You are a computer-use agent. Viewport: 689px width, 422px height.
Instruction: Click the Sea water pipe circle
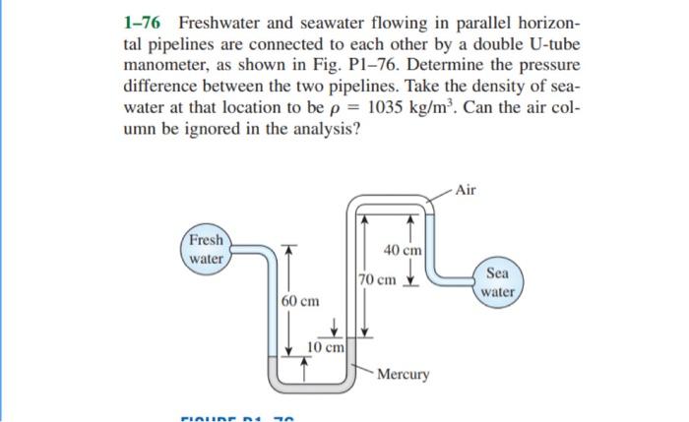(499, 282)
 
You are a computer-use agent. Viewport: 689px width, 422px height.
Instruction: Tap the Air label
(465, 190)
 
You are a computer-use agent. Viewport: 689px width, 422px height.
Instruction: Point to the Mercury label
(404, 375)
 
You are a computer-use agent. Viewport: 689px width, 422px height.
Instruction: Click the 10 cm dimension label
(326, 347)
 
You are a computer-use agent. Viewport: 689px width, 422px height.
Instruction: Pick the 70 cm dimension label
(378, 279)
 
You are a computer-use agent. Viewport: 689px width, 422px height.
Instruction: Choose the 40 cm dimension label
(403, 251)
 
